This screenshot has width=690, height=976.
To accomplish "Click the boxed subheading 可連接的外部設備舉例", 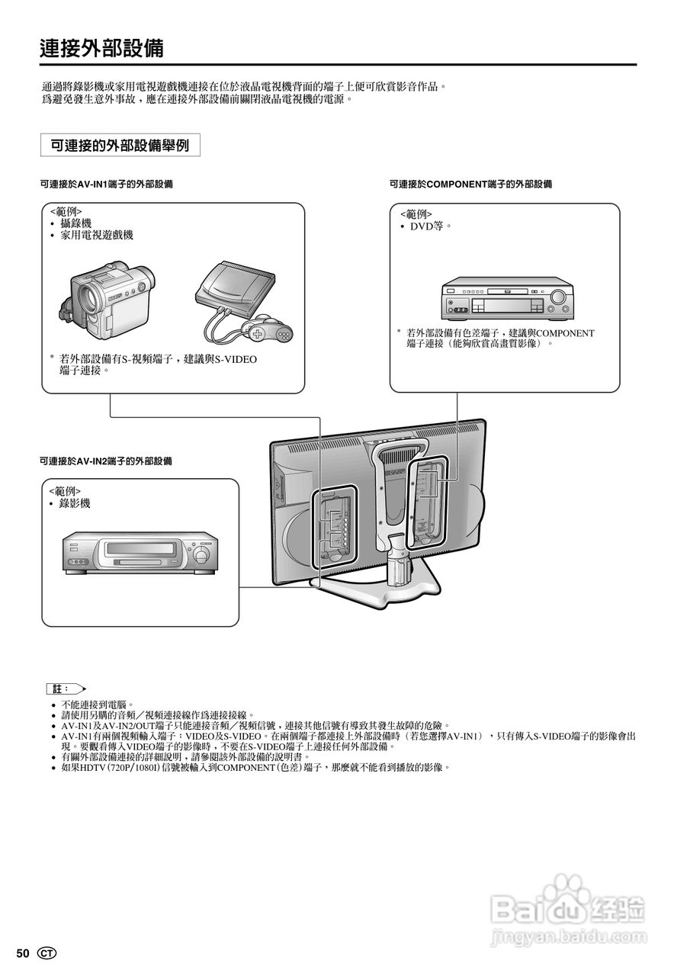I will [x=120, y=145].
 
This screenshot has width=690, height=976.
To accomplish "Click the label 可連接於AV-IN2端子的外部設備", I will [x=106, y=461].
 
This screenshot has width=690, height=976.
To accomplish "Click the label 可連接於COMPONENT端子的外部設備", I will [x=470, y=185].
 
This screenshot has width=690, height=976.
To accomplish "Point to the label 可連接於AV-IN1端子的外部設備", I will [x=106, y=185].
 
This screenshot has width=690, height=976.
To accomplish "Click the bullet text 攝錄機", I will [x=76, y=223].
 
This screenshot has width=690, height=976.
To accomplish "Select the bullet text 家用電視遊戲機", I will [x=97, y=236].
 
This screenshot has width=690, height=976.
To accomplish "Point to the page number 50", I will [x=23, y=953].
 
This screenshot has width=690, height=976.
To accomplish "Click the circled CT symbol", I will [x=47, y=953].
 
